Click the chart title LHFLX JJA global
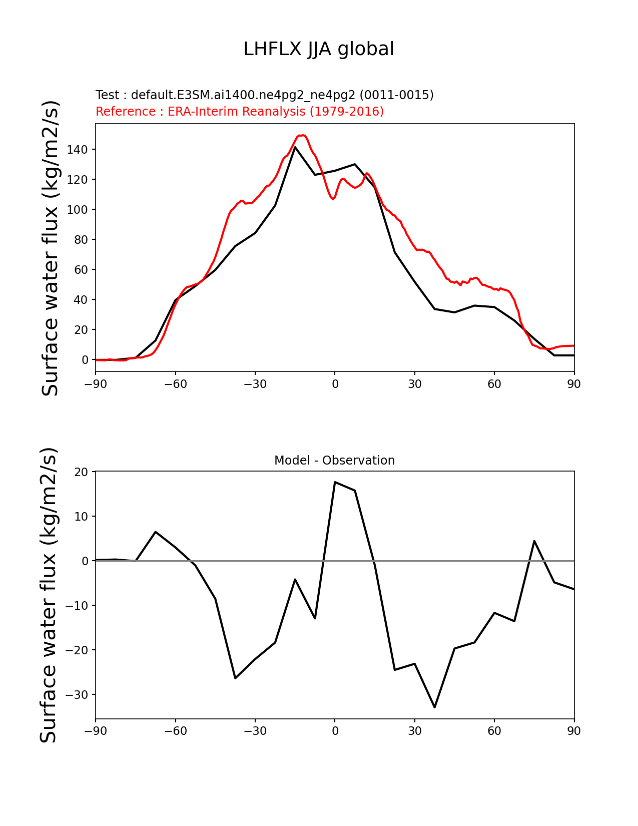(319, 49)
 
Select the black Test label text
(264, 95)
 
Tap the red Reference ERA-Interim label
(240, 111)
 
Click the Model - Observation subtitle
(334, 460)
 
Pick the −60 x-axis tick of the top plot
(175, 384)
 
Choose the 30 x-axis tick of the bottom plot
(414, 731)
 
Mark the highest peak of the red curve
(302, 135)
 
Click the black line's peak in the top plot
(295, 147)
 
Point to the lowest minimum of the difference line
(434, 707)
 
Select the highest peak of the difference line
(335, 482)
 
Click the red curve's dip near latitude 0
(333, 199)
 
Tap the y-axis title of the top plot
(51, 248)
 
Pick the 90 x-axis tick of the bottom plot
(574, 731)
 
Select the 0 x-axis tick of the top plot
(335, 384)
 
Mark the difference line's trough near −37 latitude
(235, 678)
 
